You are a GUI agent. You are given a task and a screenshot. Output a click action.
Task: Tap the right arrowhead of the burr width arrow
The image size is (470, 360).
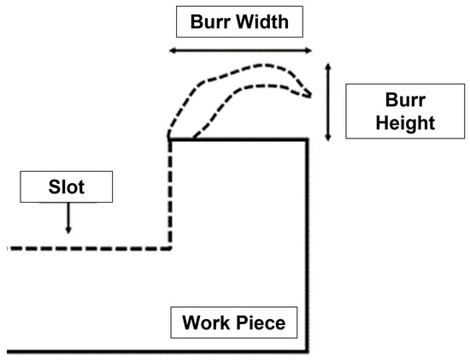click(x=310, y=51)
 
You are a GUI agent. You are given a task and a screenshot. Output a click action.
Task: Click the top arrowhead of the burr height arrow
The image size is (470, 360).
click(x=329, y=65)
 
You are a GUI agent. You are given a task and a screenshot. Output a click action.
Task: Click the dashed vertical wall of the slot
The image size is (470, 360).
click(x=172, y=197)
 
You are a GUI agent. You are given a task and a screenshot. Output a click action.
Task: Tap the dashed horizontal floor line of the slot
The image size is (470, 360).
click(x=85, y=248)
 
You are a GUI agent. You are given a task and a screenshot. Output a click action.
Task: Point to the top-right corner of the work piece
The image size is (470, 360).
click(x=308, y=139)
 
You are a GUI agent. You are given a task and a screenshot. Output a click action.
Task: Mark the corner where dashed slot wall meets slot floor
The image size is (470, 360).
click(x=172, y=248)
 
